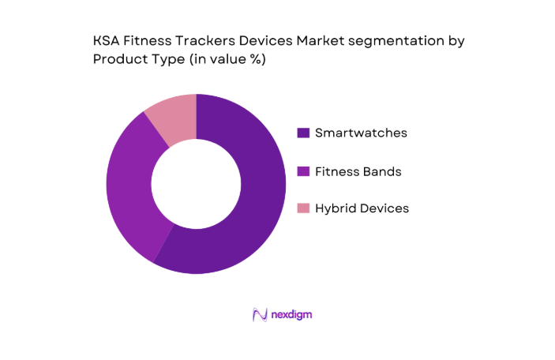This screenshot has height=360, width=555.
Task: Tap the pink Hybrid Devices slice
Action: pyautogui.click(x=172, y=118)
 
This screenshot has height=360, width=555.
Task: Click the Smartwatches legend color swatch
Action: pyautogui.click(x=302, y=133)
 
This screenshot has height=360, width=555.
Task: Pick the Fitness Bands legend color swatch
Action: pyautogui.click(x=302, y=171)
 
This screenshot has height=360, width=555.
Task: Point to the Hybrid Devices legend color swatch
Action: pyautogui.click(x=302, y=209)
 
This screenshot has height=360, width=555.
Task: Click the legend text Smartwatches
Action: pyautogui.click(x=361, y=133)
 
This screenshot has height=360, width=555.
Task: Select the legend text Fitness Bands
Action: pyautogui.click(x=357, y=171)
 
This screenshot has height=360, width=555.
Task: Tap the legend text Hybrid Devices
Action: pyautogui.click(x=362, y=208)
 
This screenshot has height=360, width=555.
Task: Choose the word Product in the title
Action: pyautogui.click(x=118, y=61)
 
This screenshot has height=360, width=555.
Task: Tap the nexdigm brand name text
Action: pyautogui.click(x=292, y=314)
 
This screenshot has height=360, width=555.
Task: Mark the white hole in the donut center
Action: pyautogui.click(x=196, y=184)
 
